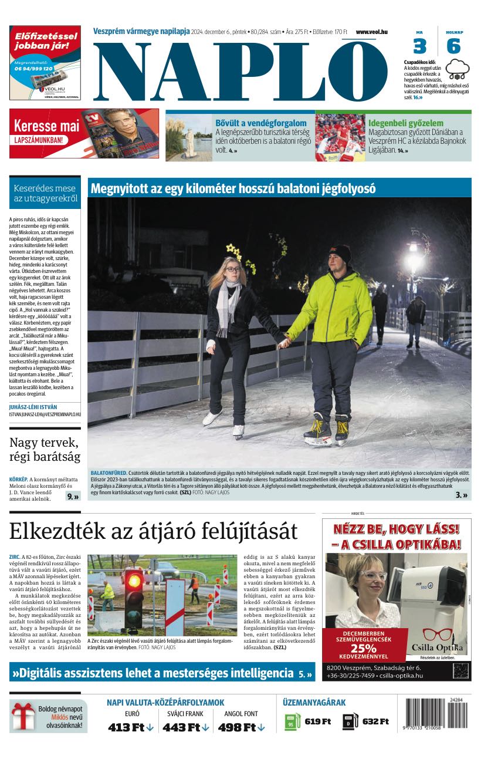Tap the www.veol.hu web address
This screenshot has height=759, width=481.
(372, 32)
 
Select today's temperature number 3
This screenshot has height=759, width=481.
(419, 46)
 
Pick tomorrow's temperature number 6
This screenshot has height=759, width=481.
(453, 46)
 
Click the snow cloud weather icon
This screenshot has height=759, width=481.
(458, 69)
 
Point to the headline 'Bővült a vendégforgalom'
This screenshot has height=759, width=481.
(261, 123)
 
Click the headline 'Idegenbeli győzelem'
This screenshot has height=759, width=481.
(405, 123)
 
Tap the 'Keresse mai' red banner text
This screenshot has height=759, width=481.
(46, 126)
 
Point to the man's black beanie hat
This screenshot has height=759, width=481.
(340, 254)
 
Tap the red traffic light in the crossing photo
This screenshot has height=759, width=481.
(134, 578)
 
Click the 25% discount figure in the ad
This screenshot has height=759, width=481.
(363, 649)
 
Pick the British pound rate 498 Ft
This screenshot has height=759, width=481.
(241, 727)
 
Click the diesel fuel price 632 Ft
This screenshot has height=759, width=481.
(375, 721)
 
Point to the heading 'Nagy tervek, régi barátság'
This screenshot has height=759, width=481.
(45, 449)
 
